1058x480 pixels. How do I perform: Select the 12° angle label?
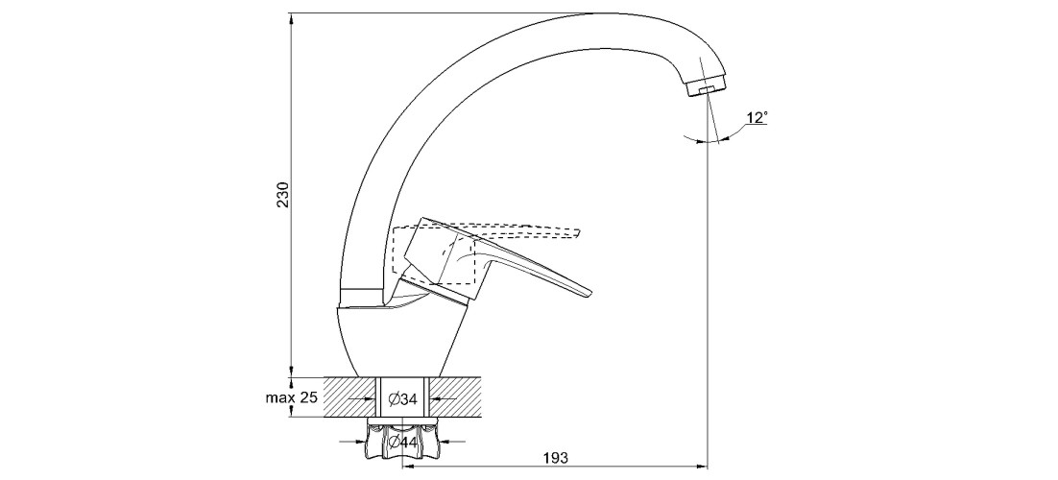coord(757,117)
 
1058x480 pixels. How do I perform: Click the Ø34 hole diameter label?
coord(401,397)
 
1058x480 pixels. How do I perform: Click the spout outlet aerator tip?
coord(708,88)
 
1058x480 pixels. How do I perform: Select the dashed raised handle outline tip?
coord(580,231)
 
